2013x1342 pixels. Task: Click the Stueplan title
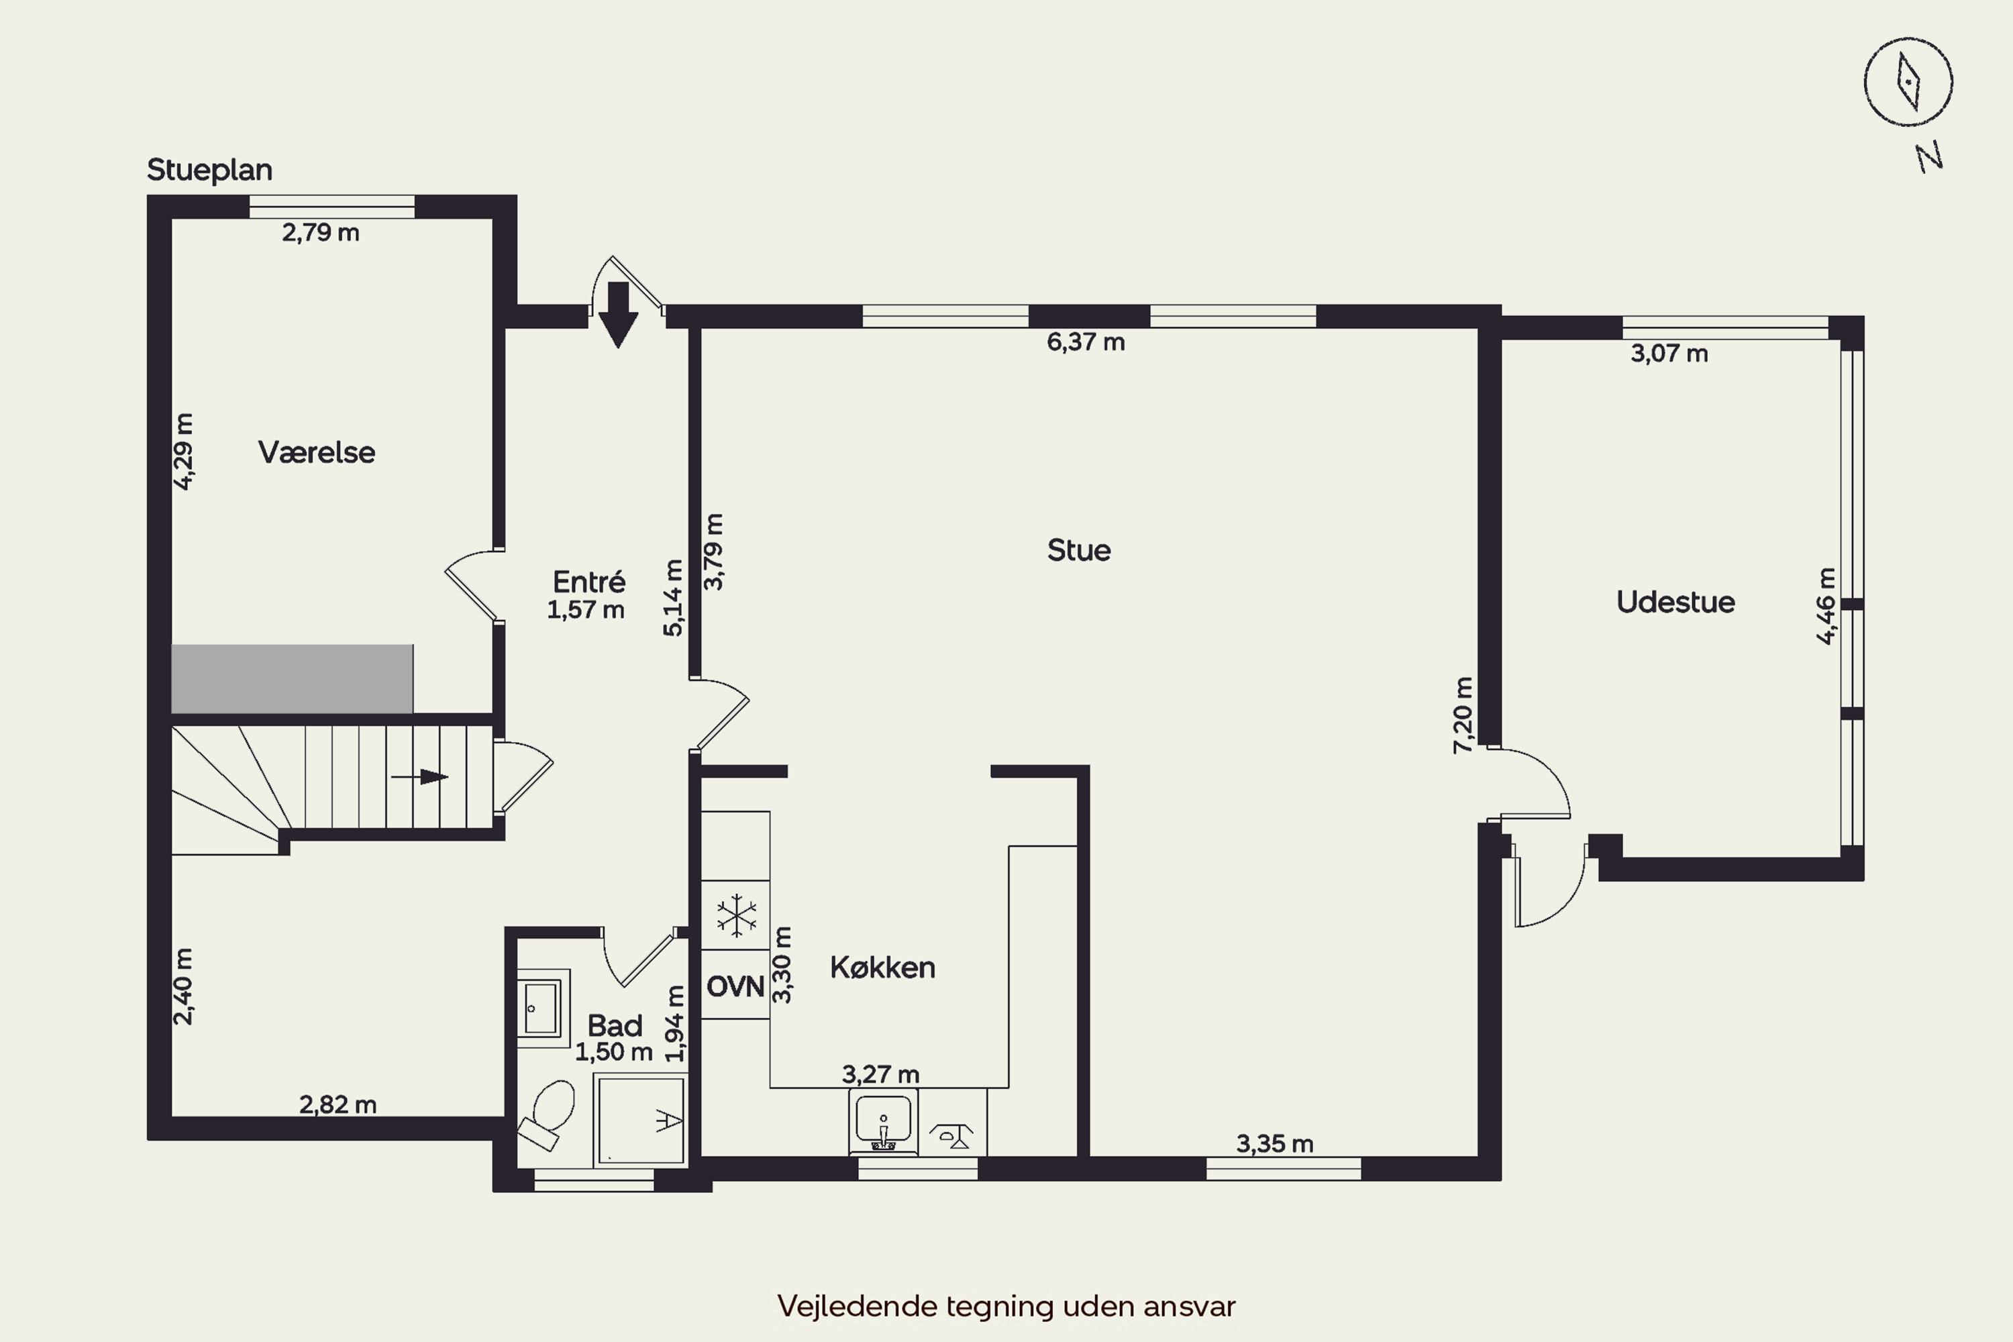(209, 170)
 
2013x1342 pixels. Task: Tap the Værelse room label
(317, 452)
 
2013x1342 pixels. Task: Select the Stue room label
(1078, 550)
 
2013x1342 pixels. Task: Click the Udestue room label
(1675, 603)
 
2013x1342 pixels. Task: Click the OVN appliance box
(735, 985)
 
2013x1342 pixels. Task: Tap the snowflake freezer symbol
(736, 915)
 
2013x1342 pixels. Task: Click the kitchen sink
(883, 1121)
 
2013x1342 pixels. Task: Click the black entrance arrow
(618, 315)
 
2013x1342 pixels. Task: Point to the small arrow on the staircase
(419, 777)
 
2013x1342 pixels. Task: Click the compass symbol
(1908, 82)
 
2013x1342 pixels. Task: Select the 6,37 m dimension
(1085, 342)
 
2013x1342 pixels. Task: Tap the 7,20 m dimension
(1463, 715)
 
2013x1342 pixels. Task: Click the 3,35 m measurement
(1274, 1143)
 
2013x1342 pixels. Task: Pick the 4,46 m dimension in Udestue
(1826, 605)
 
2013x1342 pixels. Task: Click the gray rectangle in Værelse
(292, 678)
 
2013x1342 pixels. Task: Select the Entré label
(589, 582)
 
